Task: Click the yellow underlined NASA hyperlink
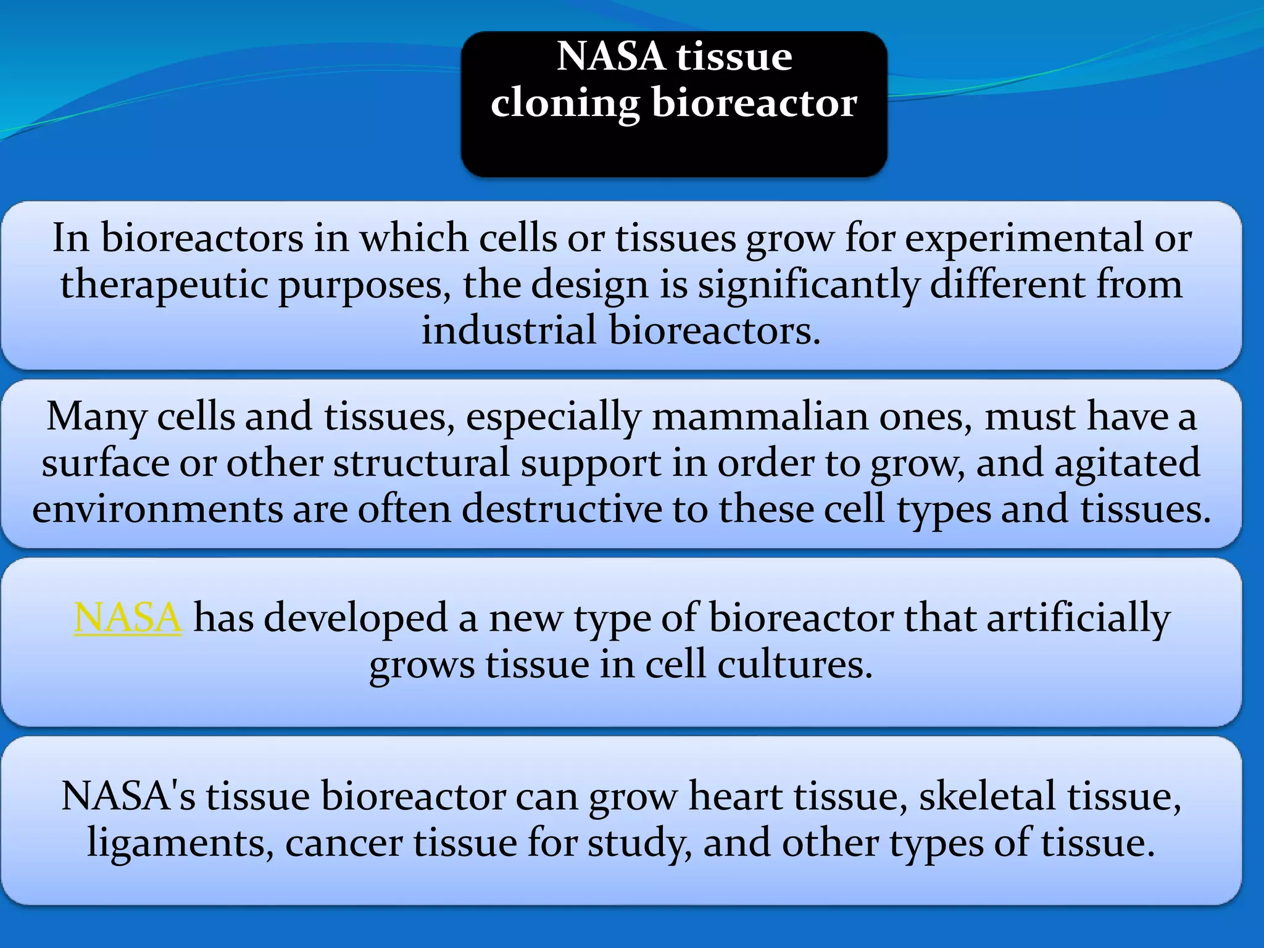[x=128, y=617]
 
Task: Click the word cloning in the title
[x=565, y=103]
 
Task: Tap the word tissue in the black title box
[x=734, y=57]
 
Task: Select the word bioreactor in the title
[x=754, y=102]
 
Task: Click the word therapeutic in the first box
[x=164, y=285]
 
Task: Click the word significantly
[x=809, y=285]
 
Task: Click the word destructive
[x=561, y=509]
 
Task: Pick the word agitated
[x=1126, y=463]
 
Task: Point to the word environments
[x=157, y=509]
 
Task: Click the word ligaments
[x=180, y=843]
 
